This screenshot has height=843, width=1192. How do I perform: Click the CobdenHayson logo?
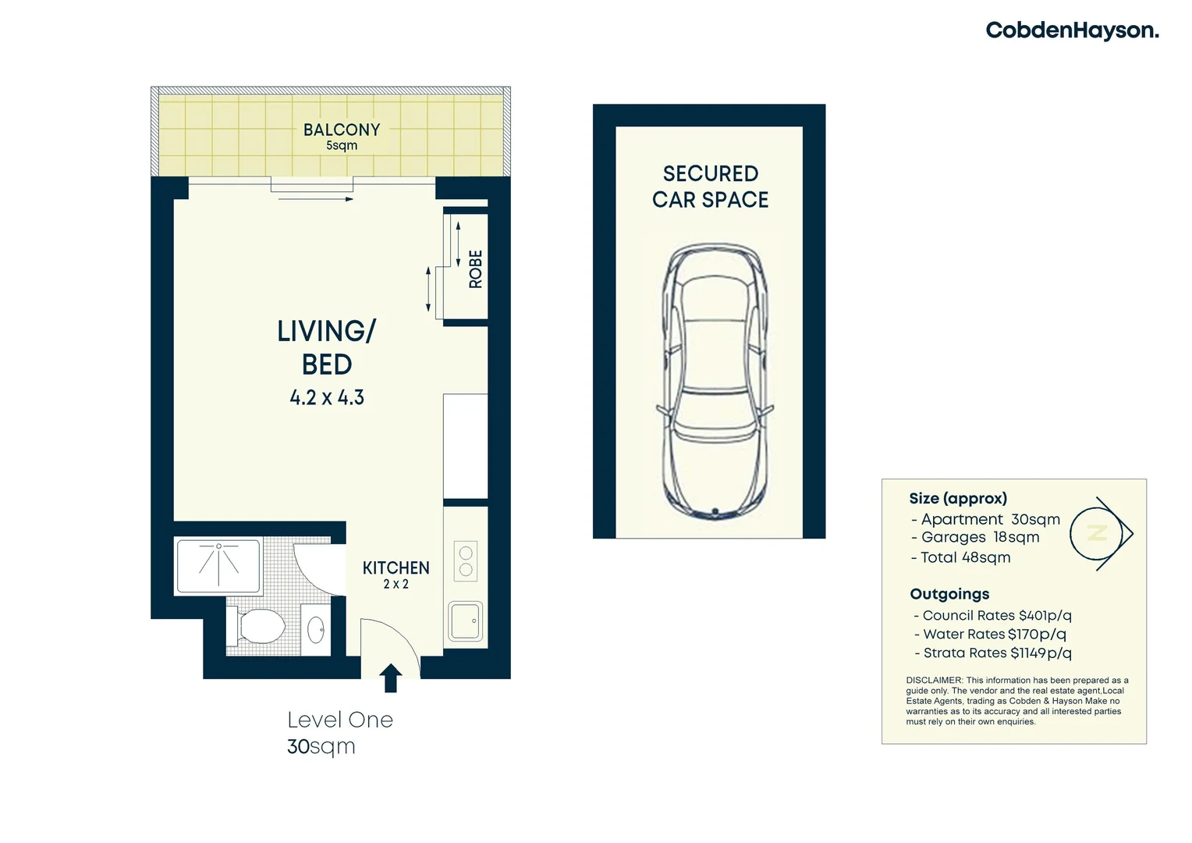coord(1072,30)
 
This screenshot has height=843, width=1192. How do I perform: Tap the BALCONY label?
coord(342,130)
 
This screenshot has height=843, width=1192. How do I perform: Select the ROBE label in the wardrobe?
coord(475,269)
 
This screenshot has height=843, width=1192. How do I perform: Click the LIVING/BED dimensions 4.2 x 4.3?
coord(327,397)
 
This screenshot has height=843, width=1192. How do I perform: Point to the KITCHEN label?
coord(396,568)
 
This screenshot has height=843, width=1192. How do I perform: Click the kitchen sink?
coord(465,621)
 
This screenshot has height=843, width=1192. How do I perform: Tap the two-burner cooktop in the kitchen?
coord(466,561)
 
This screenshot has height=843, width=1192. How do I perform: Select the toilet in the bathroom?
coord(260,625)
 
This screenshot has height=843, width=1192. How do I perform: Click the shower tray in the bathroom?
coord(218,566)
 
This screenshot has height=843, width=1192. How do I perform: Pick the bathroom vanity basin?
coord(316,629)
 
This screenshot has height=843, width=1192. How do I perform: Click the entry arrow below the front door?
coord(390,678)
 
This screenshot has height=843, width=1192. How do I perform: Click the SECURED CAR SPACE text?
coord(710,187)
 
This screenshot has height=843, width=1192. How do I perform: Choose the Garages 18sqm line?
coord(975,537)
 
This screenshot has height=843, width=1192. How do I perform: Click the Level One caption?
coord(340,720)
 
